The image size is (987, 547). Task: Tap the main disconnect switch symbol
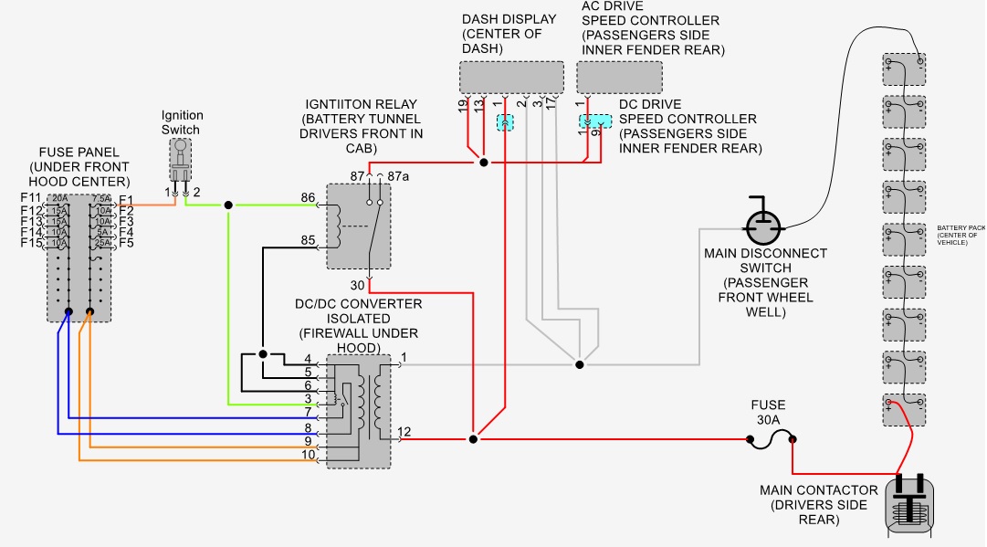coord(763,222)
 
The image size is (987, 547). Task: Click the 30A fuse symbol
coord(771,441)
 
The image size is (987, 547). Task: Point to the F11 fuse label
coord(30,199)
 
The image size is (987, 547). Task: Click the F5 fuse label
coord(126,243)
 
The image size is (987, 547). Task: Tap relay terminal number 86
coord(309,197)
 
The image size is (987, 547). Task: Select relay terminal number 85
coord(309,241)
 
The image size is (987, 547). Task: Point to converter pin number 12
coord(404,431)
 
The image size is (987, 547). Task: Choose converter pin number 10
coord(309,454)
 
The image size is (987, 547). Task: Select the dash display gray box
coord(512,77)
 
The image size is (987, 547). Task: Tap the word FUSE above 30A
coord(768,405)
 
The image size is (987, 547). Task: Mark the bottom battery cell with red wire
coord(904,408)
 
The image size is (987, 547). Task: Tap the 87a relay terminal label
coord(398,174)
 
